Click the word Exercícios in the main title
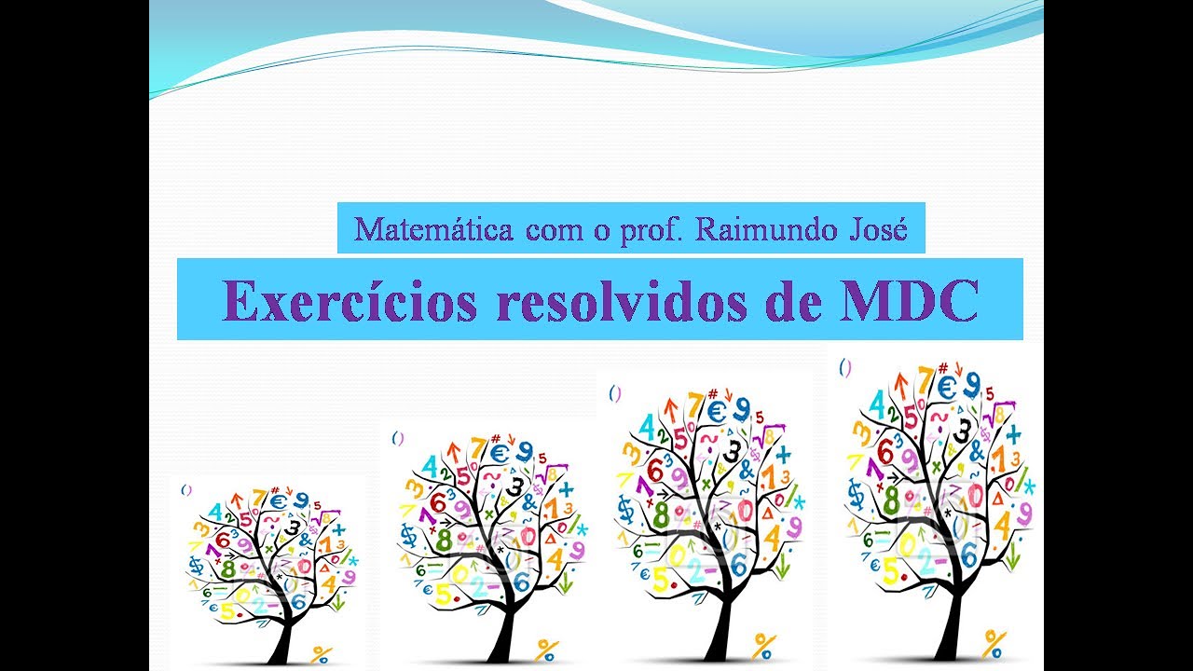point(350,300)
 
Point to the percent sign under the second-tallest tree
point(765,645)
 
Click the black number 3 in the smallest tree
point(294,527)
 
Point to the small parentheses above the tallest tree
point(845,367)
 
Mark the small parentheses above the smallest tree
point(186,487)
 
